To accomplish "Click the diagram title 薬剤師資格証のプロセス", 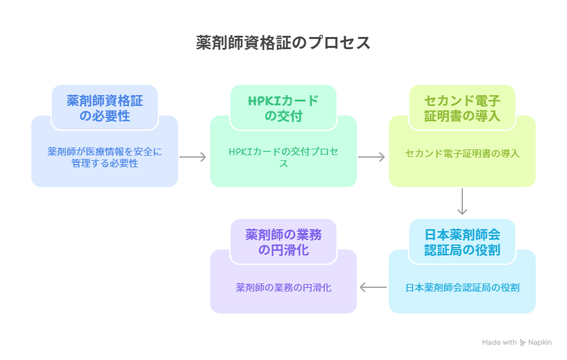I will click(x=283, y=43).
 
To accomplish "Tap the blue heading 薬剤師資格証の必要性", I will click(x=105, y=108).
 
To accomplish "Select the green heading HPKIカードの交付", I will click(x=283, y=108).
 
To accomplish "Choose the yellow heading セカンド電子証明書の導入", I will click(x=462, y=108).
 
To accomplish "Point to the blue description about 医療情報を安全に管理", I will click(x=105, y=157).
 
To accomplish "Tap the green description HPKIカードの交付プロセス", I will click(x=283, y=157).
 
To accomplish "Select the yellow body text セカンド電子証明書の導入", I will click(x=462, y=153).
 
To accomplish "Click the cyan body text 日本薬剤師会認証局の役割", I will click(x=462, y=287).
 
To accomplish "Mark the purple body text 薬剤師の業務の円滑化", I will click(x=283, y=287).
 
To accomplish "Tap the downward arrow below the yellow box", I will click(x=462, y=202).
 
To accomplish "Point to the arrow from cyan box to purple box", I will click(x=373, y=288).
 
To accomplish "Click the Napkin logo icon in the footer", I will click(x=523, y=343).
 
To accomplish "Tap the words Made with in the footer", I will click(x=499, y=343).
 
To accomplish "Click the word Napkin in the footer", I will click(x=540, y=343).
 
